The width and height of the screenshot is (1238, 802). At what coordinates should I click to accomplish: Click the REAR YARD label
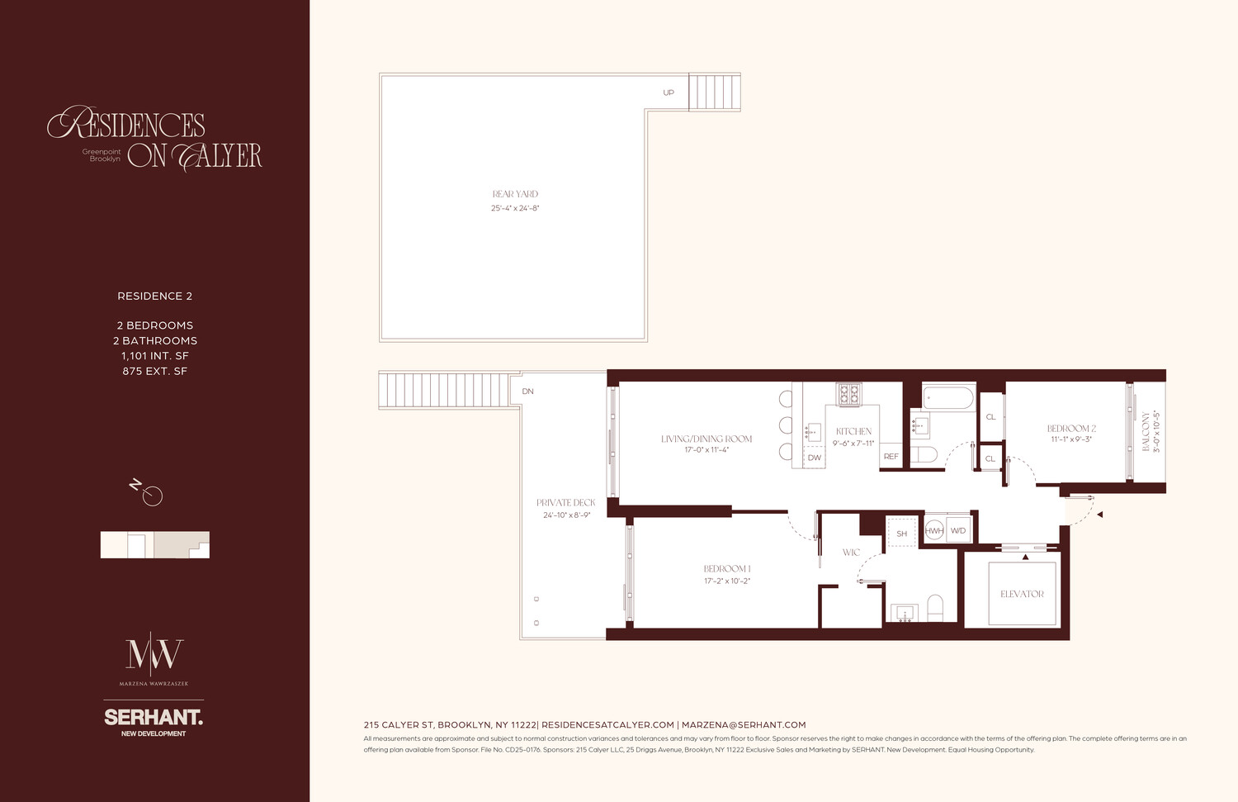[x=515, y=194]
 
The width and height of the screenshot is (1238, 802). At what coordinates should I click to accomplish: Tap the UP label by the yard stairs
[x=669, y=93]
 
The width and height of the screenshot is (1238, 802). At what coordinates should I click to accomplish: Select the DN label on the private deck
[x=527, y=392]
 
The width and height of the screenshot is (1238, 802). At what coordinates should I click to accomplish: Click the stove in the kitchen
[x=848, y=394]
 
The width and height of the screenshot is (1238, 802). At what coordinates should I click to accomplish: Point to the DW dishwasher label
[x=815, y=458]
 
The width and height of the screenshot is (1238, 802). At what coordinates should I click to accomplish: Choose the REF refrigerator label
[x=891, y=457]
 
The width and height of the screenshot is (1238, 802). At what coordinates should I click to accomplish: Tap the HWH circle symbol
[x=934, y=530]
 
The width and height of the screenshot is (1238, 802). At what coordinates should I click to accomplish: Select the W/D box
[x=958, y=530]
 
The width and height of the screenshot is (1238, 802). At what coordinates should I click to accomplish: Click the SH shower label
[x=901, y=534]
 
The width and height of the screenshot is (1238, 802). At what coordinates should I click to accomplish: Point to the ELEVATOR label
[x=1022, y=594]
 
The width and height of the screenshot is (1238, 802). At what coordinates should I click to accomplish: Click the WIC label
[x=851, y=553]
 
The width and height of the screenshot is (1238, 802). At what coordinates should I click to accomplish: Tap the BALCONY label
[x=1146, y=431]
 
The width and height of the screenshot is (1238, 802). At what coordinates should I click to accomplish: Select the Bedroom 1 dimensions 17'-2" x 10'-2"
[x=726, y=581]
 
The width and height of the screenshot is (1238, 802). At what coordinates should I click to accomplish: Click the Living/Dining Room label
[x=706, y=439]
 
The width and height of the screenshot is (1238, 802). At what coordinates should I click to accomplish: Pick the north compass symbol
[x=149, y=493]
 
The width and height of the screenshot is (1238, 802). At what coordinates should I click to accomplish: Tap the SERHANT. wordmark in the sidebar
[x=154, y=717]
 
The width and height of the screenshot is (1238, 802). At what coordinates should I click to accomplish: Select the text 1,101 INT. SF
[x=154, y=356]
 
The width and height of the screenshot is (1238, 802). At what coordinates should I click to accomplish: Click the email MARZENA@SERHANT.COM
[x=743, y=724]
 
